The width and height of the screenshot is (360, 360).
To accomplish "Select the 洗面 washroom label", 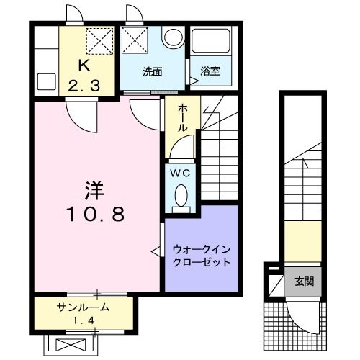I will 151,71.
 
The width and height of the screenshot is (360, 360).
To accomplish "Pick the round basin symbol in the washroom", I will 173,38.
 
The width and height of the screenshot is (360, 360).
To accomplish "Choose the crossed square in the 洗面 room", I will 133,40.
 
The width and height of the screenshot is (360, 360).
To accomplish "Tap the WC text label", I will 180,173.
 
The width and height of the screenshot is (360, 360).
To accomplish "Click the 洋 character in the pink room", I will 94,192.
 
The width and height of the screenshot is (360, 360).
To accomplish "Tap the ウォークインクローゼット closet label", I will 201,256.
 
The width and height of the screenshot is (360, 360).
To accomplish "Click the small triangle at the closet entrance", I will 155,251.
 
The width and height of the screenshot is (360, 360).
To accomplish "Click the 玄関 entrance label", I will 303,281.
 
